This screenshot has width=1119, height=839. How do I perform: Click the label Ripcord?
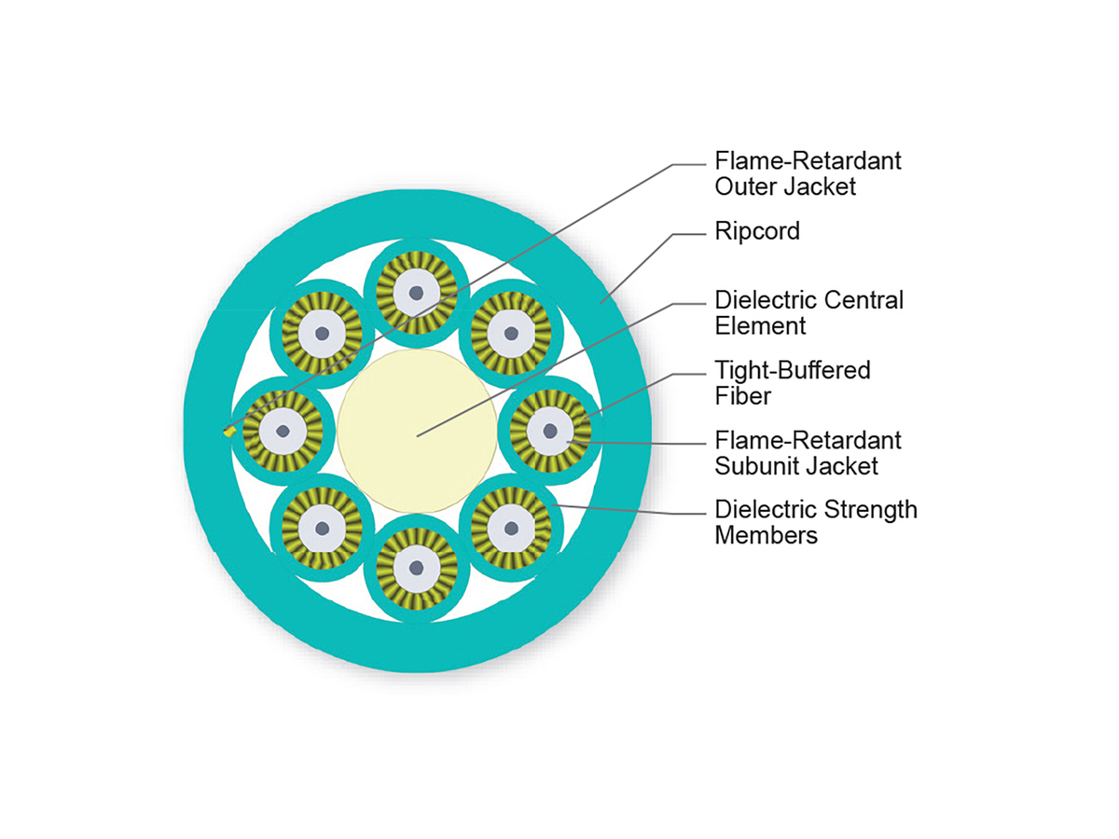[757, 231]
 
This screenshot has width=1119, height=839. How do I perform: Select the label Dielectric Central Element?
[808, 312]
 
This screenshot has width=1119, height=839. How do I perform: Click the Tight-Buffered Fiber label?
[793, 382]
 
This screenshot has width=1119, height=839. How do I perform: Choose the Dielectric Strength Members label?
[815, 522]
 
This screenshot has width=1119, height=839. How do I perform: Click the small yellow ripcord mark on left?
[228, 432]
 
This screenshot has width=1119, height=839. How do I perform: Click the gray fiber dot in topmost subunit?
[417, 293]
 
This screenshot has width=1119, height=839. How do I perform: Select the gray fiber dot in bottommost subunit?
[417, 567]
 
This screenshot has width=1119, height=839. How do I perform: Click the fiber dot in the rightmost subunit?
[550, 431]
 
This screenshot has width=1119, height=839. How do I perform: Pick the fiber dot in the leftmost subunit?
[283, 431]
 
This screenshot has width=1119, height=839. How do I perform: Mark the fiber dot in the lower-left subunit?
[323, 528]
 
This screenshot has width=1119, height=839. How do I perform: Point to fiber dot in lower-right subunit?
[511, 528]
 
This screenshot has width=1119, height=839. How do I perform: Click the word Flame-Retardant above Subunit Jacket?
[808, 440]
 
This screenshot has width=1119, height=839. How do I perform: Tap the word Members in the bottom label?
[766, 535]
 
